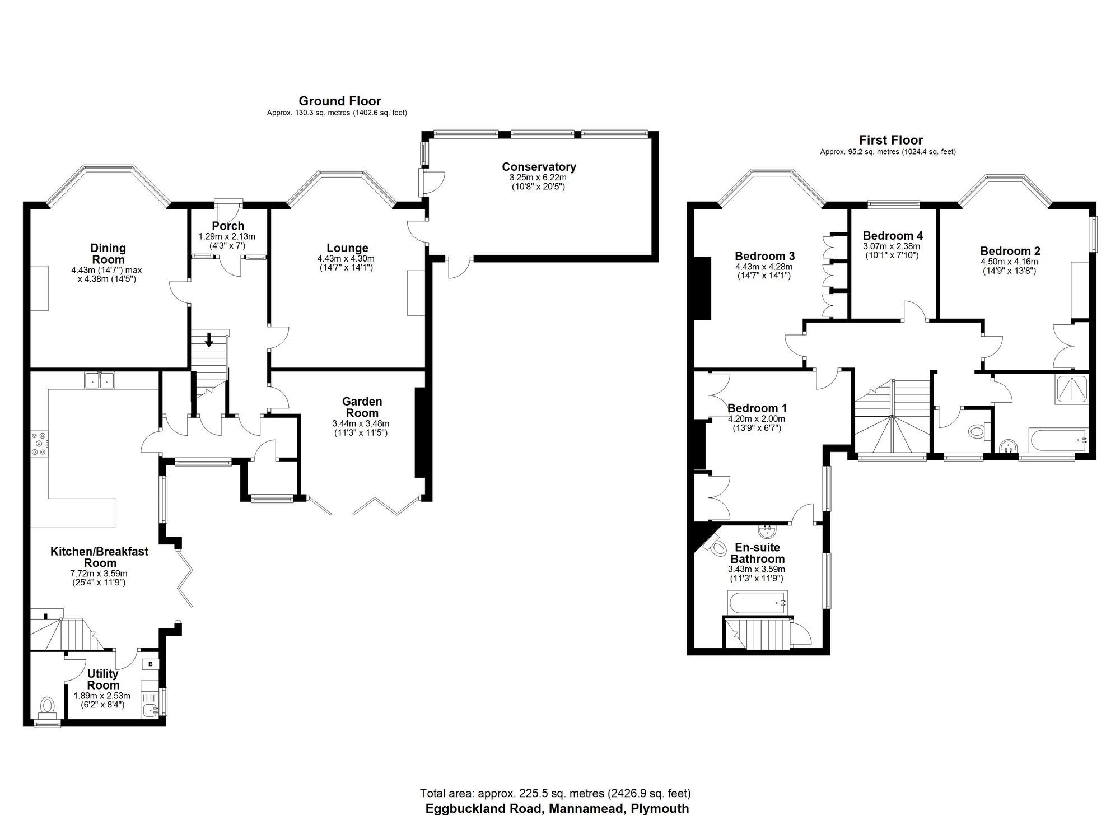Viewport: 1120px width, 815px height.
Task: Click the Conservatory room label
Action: [x=539, y=167]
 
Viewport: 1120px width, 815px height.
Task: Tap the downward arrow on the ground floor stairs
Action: [x=208, y=339]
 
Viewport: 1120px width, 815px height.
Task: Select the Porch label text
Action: [x=228, y=226]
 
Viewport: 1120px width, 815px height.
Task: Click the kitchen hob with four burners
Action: [x=40, y=444]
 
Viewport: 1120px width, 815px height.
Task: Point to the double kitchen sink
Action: [x=99, y=380]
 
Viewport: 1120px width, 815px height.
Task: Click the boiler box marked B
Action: [x=150, y=664]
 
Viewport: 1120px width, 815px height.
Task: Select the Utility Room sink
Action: [x=150, y=710]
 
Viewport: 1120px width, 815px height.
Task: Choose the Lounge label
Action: [x=347, y=248]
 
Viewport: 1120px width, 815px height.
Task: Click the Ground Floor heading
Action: [x=339, y=101]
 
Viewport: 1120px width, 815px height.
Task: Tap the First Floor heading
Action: [x=891, y=141]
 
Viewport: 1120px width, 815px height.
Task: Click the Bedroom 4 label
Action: [x=893, y=236]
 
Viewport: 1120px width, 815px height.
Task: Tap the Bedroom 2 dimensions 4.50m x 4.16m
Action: [x=1009, y=262]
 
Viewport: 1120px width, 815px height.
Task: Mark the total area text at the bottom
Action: [x=555, y=793]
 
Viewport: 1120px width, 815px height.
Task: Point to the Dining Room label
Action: [x=108, y=254]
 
